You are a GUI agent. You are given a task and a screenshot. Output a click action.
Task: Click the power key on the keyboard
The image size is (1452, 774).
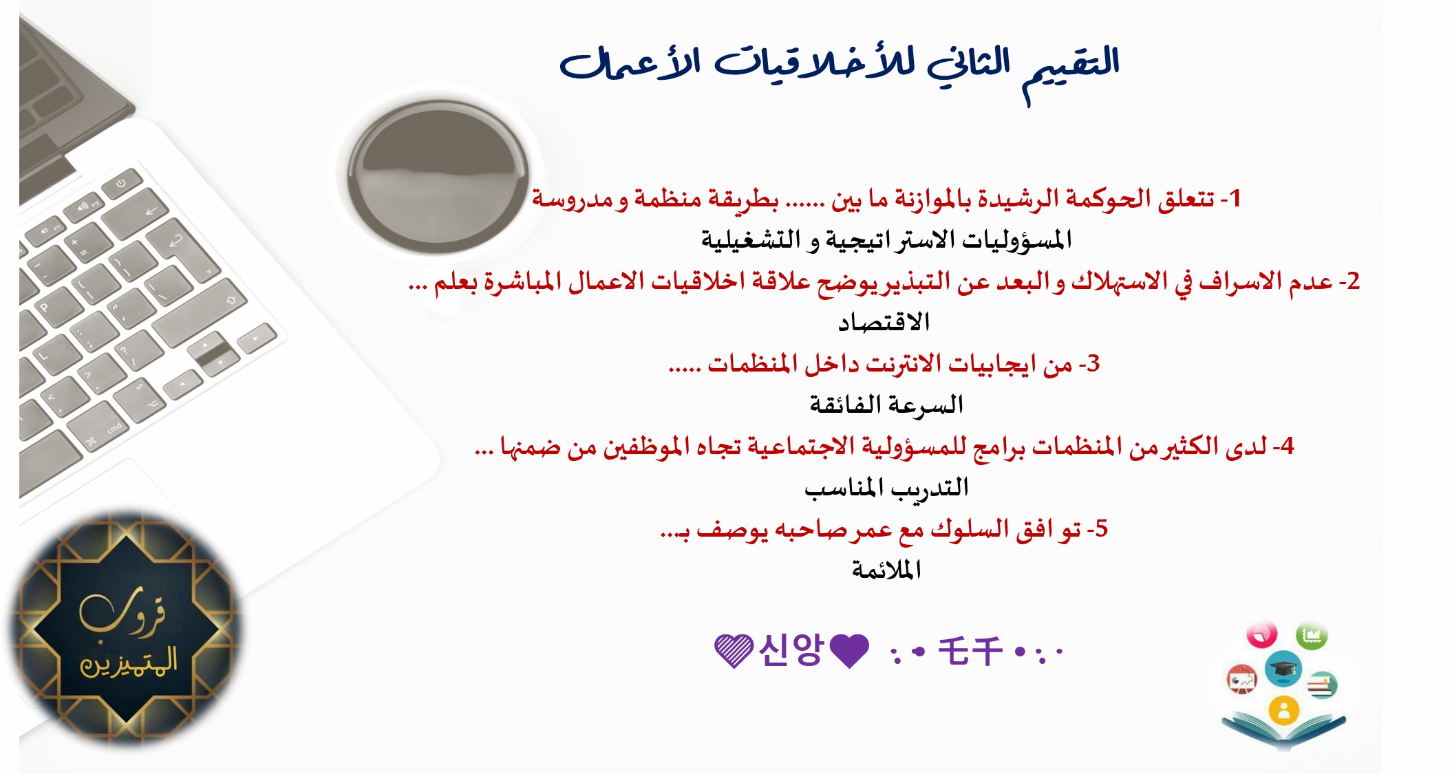[x=122, y=184]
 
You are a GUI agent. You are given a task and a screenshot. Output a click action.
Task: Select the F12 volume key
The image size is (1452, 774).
[x=82, y=209]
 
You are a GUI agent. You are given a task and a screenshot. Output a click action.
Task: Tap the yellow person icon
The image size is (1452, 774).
[x=1283, y=711]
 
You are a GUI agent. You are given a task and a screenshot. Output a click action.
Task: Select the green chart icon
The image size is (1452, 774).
[x=1312, y=635]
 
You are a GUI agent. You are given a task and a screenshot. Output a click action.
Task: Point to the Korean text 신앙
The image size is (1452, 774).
[x=790, y=649]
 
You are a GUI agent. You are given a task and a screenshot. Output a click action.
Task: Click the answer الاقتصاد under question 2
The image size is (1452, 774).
[x=884, y=321]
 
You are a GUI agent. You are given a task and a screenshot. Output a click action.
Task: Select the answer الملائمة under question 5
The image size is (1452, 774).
[x=886, y=569]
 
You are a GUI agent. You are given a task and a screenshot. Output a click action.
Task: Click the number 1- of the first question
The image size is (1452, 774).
[x=1230, y=198]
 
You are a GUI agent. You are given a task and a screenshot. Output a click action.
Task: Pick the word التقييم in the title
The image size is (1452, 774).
[x=1071, y=69]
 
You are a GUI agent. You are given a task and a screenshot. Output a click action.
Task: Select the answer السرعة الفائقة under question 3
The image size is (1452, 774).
[x=886, y=404]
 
